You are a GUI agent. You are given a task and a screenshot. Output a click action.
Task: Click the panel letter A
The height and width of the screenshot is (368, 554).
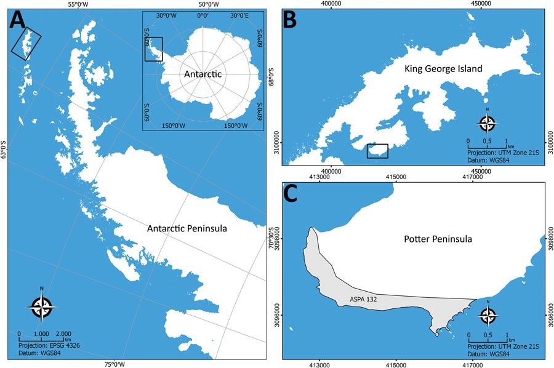coord(18,21)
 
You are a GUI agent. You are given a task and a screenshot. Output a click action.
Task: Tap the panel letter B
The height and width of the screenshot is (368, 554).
coord(291,22)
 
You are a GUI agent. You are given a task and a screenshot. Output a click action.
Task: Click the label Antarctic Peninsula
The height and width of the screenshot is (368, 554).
coord(187,228)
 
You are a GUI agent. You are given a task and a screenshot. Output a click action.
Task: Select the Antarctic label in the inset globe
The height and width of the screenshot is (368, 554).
coord(203,74)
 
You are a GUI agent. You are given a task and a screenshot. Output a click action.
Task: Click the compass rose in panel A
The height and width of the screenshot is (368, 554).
coord(41,308)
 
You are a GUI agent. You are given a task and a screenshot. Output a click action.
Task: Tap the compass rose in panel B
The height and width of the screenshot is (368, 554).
coord(488,124)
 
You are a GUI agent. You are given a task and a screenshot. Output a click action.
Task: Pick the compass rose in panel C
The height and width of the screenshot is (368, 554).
coord(488,316)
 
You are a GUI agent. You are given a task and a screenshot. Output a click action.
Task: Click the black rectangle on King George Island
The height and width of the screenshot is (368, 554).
coord(377,151)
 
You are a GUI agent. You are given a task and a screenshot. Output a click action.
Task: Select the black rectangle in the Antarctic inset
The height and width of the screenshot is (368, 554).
coord(153,49)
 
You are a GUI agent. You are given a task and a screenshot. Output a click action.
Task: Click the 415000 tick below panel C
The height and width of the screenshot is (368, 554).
coord(395,364)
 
